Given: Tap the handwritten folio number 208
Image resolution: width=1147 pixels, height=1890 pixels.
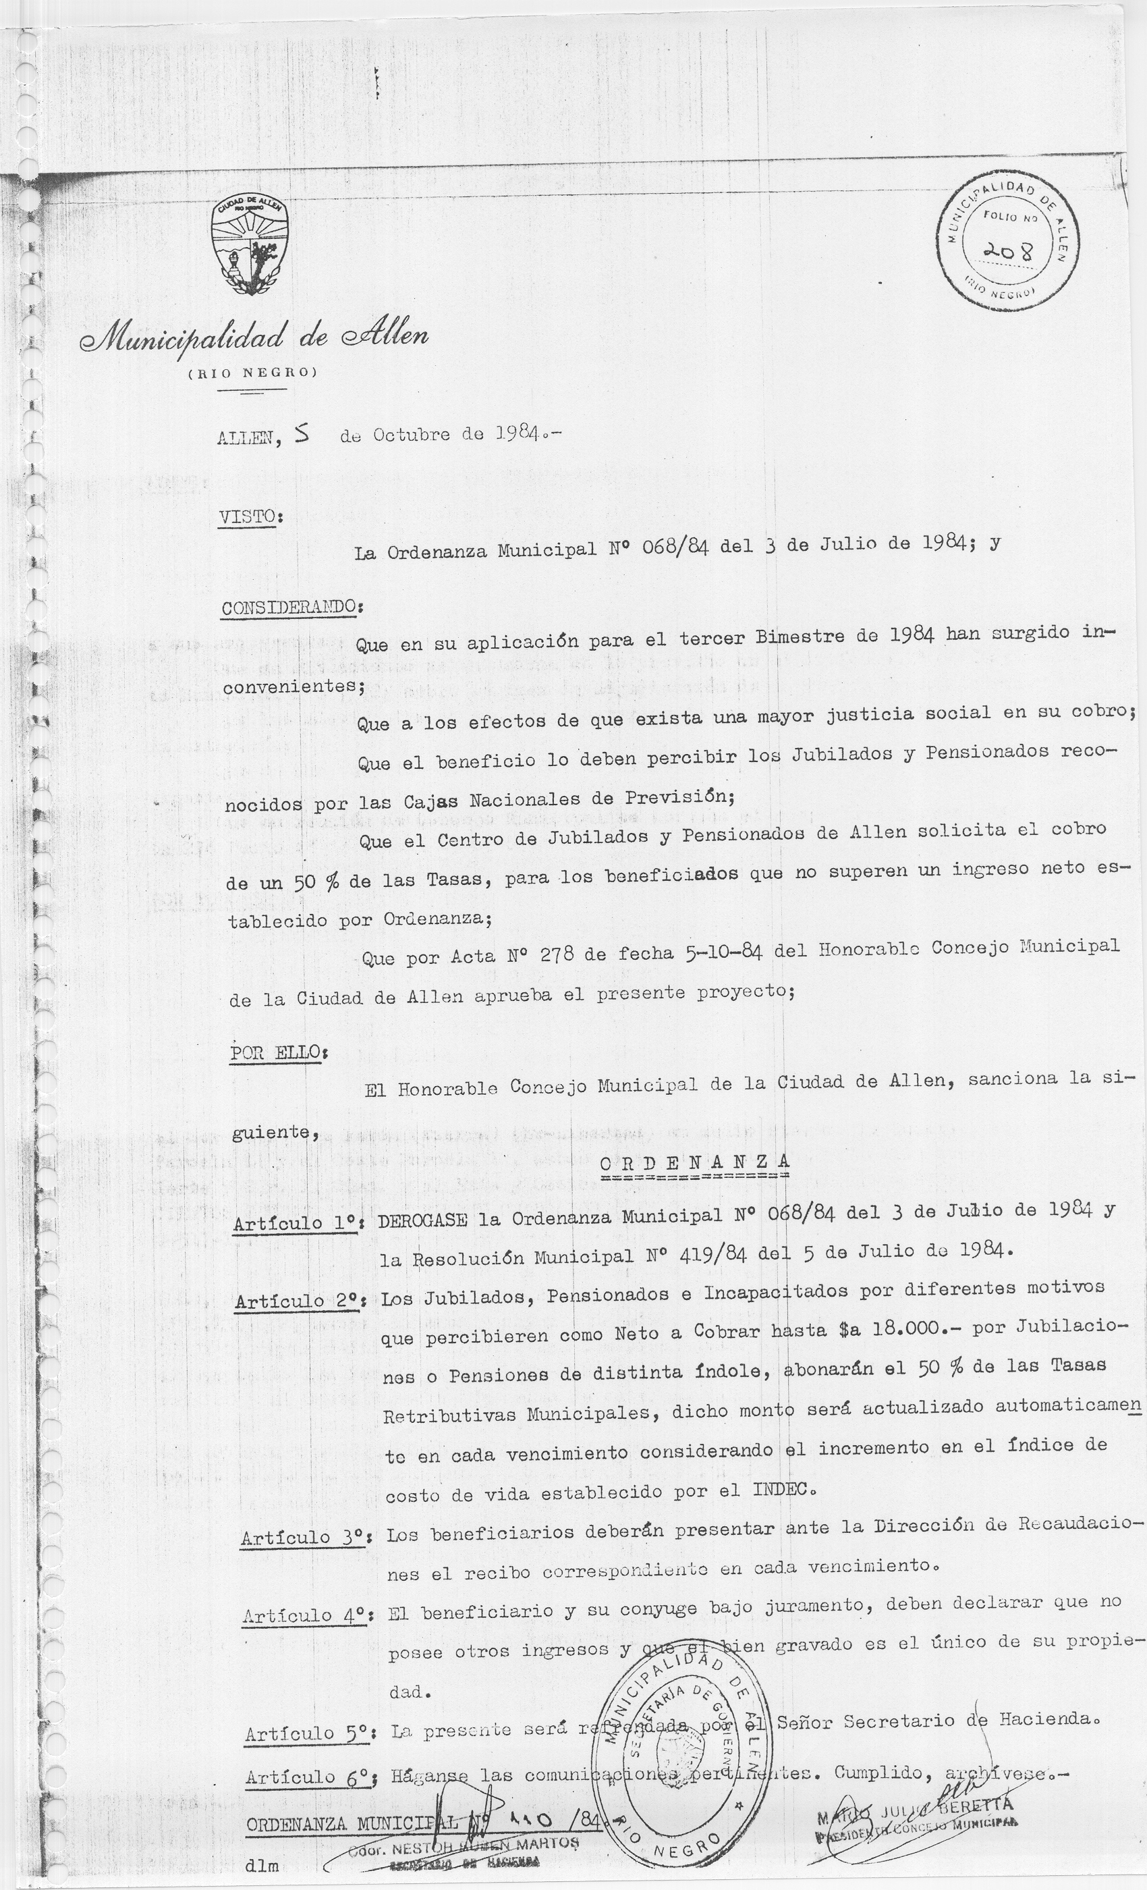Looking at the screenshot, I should (x=1007, y=249).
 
